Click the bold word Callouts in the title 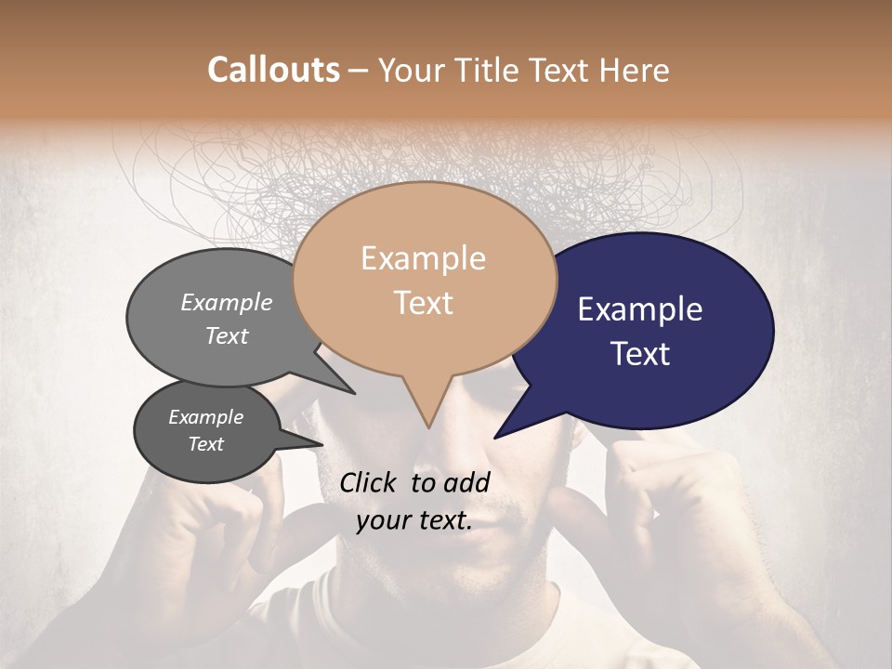pos(273,70)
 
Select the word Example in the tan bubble pos(423,258)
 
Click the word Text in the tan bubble pos(423,303)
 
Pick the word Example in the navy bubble pos(639,309)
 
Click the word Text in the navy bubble pos(640,354)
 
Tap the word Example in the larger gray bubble pos(226,302)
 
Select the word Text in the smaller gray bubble pos(205,444)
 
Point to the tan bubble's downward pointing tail pos(427,413)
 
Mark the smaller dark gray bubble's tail pos(311,443)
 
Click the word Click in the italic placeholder pos(370,482)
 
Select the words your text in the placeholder pos(414,521)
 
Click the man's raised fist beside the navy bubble pos(650,474)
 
